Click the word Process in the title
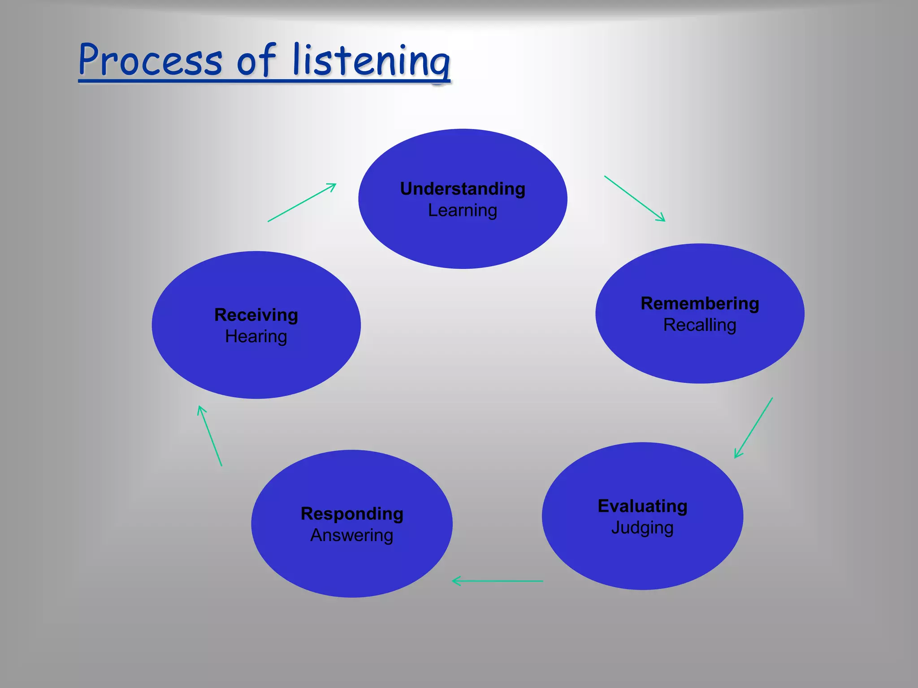[x=150, y=60]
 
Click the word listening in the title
[x=371, y=60]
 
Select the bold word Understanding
[x=463, y=189]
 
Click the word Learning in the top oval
[x=463, y=211]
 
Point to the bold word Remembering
[x=700, y=303]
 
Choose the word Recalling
[x=700, y=325]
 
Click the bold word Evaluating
[x=642, y=506]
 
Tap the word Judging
[x=642, y=528]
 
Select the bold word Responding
[x=352, y=514]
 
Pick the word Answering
[x=352, y=535]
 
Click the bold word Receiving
[x=256, y=315]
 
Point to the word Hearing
[x=256, y=336]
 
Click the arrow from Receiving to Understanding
[x=302, y=202]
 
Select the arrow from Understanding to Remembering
[x=635, y=198]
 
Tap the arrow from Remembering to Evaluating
[x=753, y=428]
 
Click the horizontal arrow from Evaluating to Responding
[x=498, y=581]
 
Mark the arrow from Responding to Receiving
[x=210, y=436]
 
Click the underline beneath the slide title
[x=264, y=81]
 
